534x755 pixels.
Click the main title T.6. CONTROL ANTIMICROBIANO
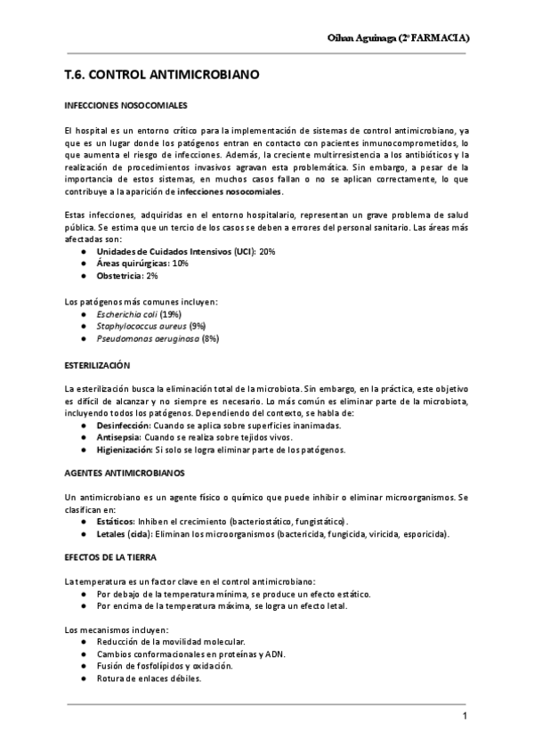click(x=162, y=77)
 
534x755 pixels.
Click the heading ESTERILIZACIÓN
click(x=98, y=366)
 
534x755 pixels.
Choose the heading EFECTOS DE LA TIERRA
click(x=111, y=556)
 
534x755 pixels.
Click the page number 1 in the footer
click(x=465, y=718)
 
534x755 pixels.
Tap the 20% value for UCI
click(x=267, y=252)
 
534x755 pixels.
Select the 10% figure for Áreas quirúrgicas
click(x=180, y=264)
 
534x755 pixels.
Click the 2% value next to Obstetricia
click(x=153, y=275)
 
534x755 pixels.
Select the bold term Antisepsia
click(x=118, y=438)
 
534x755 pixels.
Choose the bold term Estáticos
click(x=116, y=520)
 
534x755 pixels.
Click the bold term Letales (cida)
click(x=125, y=534)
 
